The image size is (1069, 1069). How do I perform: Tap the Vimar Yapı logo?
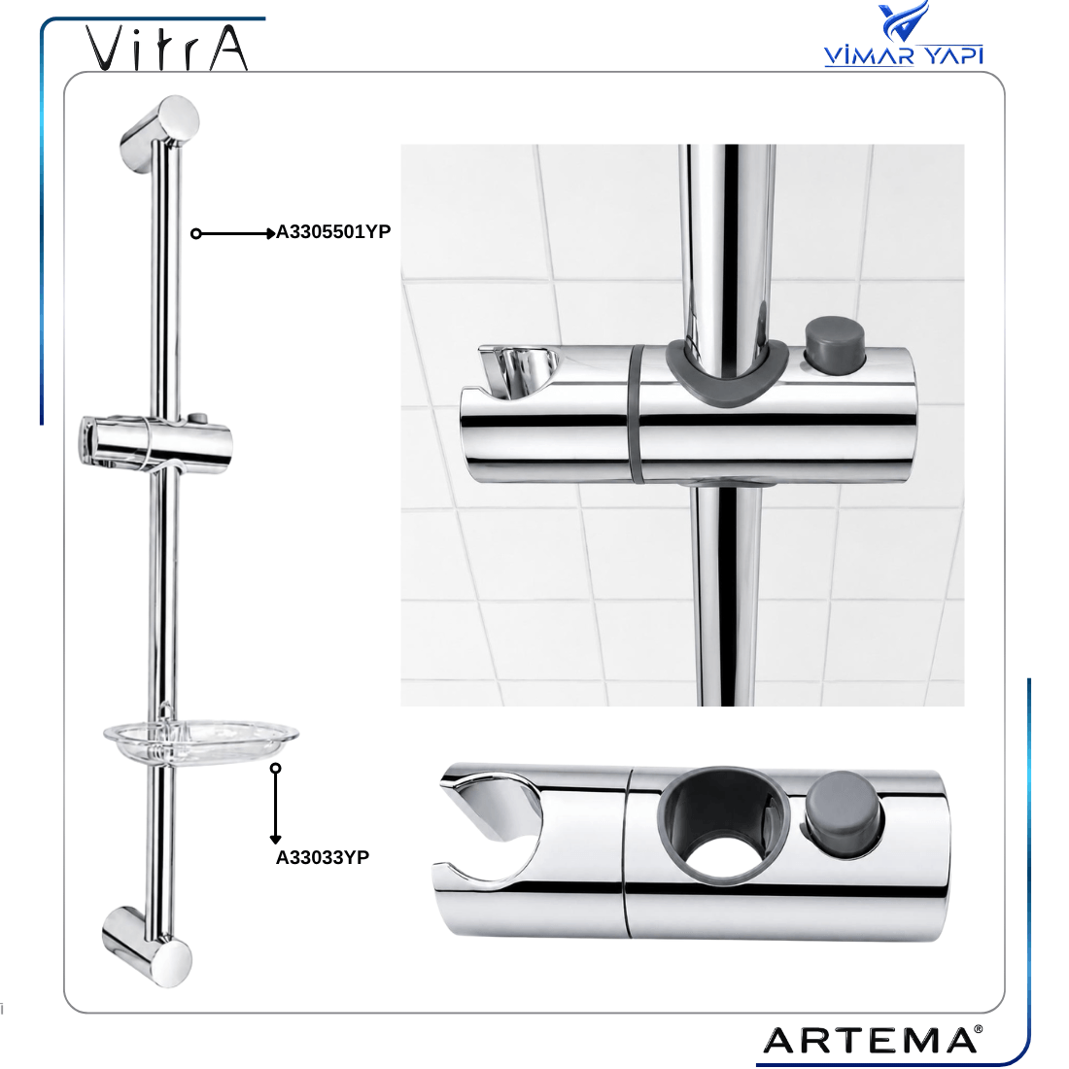click(904, 34)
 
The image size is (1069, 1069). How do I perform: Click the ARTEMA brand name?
click(869, 1041)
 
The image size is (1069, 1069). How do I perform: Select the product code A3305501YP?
click(333, 232)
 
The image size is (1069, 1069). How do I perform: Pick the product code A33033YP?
click(323, 857)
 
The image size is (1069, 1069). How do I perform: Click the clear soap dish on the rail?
click(201, 741)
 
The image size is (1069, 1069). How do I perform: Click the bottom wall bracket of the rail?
click(148, 947)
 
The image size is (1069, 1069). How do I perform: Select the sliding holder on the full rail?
click(156, 443)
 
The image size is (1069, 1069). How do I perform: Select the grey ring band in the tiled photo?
click(636, 413)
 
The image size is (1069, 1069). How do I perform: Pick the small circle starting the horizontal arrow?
click(195, 234)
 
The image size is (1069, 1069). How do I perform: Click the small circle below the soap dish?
click(275, 769)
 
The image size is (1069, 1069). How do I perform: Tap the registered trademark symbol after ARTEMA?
click(979, 1029)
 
